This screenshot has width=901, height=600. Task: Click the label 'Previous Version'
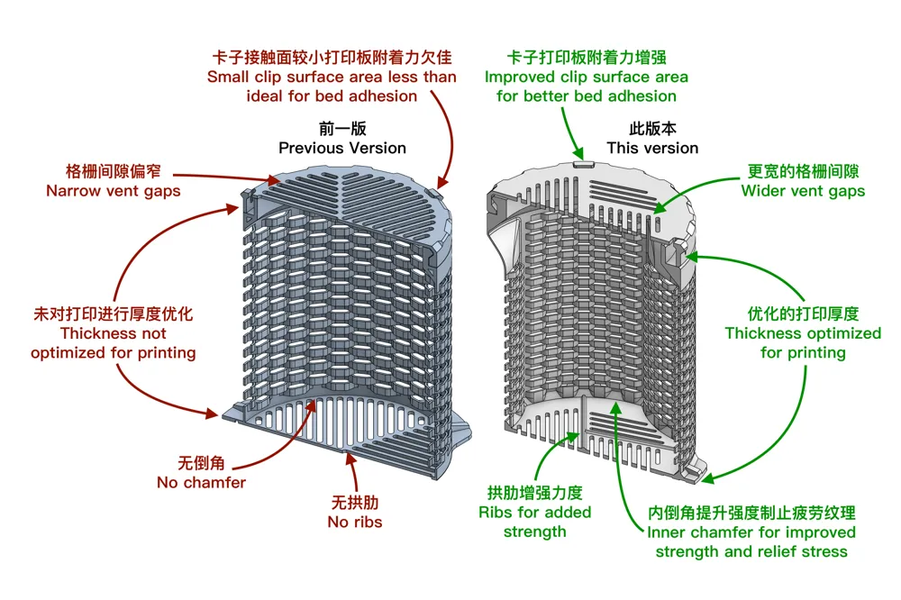click(x=341, y=149)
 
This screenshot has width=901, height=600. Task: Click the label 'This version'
click(x=652, y=149)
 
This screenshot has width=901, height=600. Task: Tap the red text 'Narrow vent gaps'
click(x=114, y=191)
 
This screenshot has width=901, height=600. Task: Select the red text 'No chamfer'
click(x=201, y=482)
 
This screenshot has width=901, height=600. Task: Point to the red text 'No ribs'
click(x=354, y=522)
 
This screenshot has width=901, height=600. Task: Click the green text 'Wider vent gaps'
click(x=803, y=191)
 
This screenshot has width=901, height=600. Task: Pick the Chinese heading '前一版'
click(x=342, y=128)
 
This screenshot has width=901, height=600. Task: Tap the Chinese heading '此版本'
click(x=652, y=128)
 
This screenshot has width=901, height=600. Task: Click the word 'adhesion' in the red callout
click(x=382, y=96)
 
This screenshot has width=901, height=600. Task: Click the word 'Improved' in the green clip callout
click(x=520, y=77)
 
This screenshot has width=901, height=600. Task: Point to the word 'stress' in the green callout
click(x=822, y=551)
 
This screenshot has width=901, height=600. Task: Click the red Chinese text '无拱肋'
click(x=354, y=503)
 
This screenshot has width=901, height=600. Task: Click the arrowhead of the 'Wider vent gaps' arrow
click(x=660, y=208)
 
